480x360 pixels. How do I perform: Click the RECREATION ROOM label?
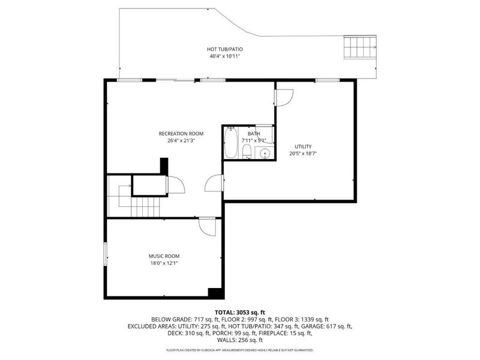click(x=181, y=133)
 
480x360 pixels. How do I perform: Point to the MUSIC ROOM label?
click(x=164, y=256)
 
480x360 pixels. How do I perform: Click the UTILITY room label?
click(x=303, y=146)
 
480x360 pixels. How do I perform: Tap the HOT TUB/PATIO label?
click(x=226, y=49)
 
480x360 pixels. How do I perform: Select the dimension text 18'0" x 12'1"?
click(x=164, y=263)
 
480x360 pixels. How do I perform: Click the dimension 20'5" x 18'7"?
click(x=303, y=154)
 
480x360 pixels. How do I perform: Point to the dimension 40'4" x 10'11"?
click(x=226, y=56)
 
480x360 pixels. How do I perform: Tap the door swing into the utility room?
click(x=284, y=97)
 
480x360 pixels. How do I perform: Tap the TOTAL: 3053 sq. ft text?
click(x=239, y=313)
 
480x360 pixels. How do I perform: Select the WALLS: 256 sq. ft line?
click(x=239, y=341)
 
